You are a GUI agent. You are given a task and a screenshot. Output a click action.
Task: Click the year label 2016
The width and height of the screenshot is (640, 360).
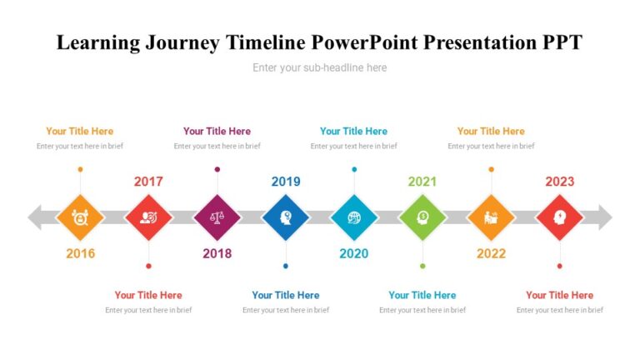80,253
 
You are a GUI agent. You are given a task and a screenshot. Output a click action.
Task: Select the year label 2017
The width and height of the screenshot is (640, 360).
148,182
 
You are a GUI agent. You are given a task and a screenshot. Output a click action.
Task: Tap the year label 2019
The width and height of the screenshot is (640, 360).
286,182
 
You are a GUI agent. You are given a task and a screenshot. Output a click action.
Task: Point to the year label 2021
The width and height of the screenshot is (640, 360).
422,182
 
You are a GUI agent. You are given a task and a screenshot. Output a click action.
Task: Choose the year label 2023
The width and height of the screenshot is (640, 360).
559,182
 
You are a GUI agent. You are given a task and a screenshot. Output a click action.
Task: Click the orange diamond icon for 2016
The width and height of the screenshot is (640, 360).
80,217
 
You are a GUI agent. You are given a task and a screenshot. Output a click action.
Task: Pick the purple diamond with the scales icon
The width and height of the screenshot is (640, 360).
217,217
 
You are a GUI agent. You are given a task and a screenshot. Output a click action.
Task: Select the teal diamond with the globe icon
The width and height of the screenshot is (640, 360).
354,217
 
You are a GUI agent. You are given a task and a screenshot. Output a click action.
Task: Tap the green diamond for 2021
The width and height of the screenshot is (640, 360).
422,217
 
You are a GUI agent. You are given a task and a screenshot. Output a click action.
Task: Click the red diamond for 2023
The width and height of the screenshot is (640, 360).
559,217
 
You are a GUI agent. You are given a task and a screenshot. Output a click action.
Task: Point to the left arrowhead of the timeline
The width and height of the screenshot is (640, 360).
36,217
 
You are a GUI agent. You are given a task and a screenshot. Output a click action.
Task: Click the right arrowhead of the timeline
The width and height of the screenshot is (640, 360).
604,217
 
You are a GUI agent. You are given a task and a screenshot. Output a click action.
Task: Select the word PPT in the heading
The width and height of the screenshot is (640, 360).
560,43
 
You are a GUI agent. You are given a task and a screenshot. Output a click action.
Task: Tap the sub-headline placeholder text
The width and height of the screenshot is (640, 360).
320,67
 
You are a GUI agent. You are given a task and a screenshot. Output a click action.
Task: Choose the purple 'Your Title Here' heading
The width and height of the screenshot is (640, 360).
217,131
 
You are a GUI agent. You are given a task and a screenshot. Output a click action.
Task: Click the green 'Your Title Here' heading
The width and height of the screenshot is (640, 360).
422,295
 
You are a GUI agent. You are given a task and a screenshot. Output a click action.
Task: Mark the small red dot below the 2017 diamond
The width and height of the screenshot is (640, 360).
148,266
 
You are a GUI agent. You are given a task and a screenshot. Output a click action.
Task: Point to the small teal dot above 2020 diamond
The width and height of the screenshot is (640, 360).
354,169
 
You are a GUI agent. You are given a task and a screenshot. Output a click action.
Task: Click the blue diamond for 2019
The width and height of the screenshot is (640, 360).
286,217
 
